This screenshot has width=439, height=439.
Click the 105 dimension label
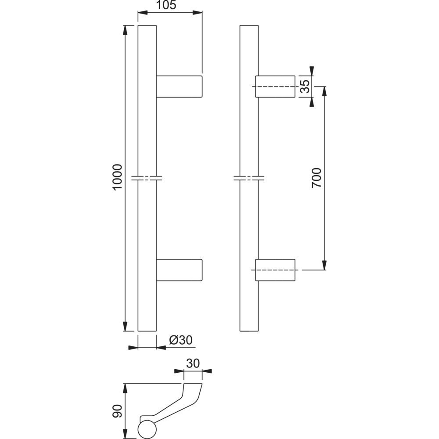pos(166,5)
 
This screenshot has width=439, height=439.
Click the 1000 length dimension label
pos(118,177)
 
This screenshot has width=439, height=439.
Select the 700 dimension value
pos(317,178)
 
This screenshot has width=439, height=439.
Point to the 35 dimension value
pos(305,86)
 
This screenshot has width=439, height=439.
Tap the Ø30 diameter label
pos(181,340)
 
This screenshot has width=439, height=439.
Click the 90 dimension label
pos(118,411)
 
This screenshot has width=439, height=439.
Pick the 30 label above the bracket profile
pos(193,363)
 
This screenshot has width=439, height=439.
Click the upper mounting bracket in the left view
pos(179,86)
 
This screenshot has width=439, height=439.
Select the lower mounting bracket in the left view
pos(179,270)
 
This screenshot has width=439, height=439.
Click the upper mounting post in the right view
pos(275,86)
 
